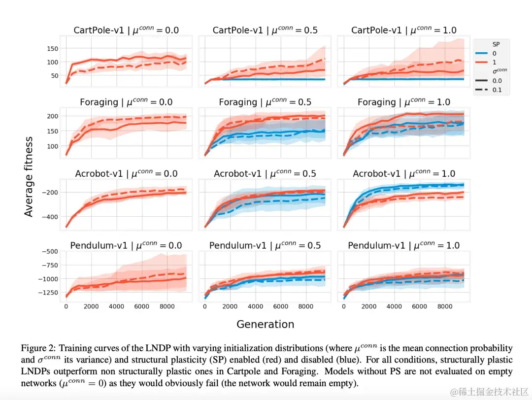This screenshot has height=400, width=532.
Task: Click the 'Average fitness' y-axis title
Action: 29,176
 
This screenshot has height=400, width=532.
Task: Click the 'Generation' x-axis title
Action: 265,324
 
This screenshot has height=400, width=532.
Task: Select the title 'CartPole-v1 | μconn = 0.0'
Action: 126,31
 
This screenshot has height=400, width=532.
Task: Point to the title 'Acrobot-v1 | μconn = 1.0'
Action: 403,174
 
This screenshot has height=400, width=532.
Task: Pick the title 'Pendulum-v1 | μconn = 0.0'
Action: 126,245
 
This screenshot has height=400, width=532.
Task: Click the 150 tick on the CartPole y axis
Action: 53,49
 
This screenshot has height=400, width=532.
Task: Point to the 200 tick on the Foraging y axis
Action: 53,116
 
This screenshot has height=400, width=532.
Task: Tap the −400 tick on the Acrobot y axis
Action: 51,217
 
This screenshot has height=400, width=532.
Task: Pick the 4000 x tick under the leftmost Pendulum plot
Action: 116,306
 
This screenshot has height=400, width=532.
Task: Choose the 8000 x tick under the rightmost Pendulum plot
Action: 445,306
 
